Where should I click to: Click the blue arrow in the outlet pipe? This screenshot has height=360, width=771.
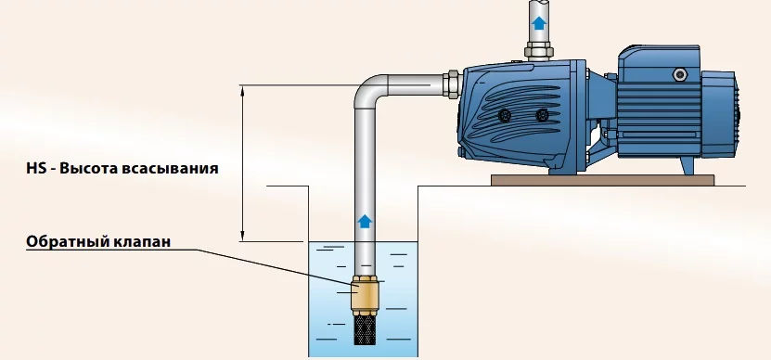coord(539,22)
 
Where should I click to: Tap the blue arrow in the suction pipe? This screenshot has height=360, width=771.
coord(365,222)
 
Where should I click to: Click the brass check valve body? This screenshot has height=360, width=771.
coord(365,293)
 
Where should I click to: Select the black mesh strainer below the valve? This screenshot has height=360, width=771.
coord(365,329)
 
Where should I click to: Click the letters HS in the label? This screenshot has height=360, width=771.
coord(36,168)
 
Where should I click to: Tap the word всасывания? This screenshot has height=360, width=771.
coord(170,169)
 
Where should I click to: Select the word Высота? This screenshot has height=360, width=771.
coord(88,168)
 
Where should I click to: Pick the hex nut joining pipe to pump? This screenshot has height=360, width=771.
coord(452,84)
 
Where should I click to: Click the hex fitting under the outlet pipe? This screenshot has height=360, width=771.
coord(539,51)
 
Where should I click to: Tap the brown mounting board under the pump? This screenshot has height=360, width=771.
coord(602,180)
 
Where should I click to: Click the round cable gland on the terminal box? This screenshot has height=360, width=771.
coord(680,74)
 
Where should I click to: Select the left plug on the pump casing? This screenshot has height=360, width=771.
coord(505,116)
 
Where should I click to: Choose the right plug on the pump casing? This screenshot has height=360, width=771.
coord(542,116)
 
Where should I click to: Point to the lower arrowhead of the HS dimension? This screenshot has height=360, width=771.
coord(242,236)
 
